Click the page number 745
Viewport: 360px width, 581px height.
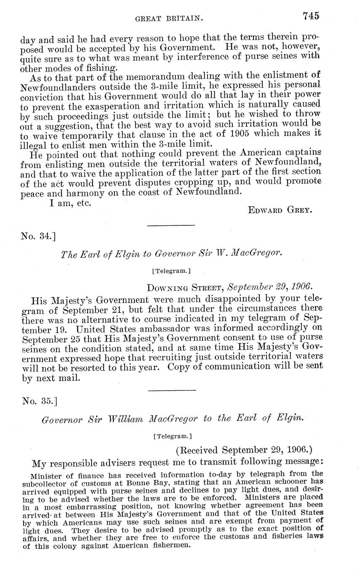pyautogui.click(x=311, y=16)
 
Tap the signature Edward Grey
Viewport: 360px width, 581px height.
pyautogui.click(x=280, y=210)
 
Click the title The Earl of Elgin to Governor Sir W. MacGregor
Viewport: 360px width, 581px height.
pyautogui.click(x=171, y=254)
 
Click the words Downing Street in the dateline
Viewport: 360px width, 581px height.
pyautogui.click(x=185, y=288)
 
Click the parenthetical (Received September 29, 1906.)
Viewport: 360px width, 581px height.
pyautogui.click(x=244, y=450)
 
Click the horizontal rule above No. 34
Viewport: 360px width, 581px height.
pyautogui.click(x=171, y=226)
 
